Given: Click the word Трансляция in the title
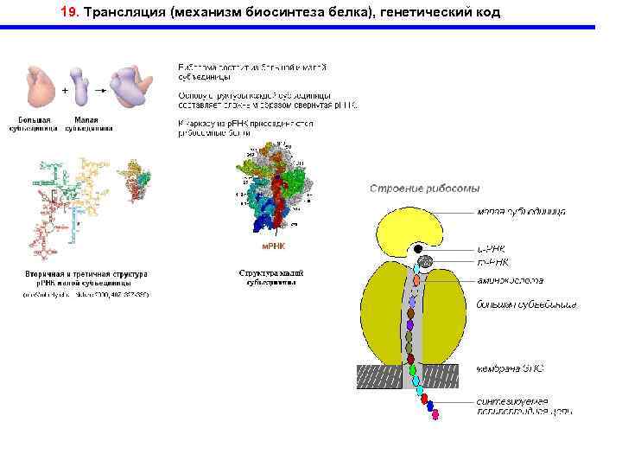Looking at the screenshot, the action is click(124, 13).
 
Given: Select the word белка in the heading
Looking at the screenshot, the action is click(359, 13).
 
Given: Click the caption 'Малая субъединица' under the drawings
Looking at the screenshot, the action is click(92, 125).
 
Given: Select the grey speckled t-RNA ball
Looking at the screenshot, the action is click(423, 260).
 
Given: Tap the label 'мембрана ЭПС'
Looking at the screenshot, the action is click(511, 368).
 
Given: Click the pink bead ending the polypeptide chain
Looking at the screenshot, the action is click(436, 414).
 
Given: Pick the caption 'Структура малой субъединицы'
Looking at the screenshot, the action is click(271, 277).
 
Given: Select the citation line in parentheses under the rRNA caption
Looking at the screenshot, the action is click(86, 294).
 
